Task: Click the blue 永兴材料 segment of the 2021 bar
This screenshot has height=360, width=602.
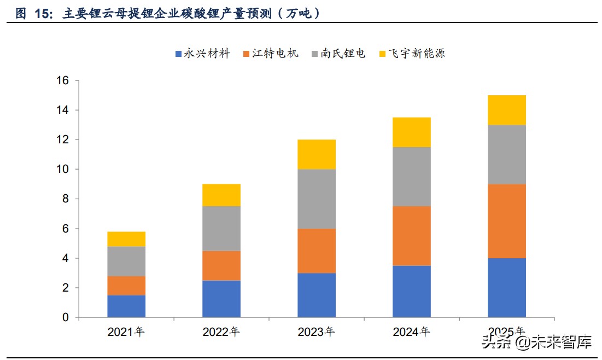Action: click(126, 306)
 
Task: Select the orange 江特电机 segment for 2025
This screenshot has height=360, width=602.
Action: click(506, 221)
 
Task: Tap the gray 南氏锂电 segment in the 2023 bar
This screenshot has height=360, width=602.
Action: click(317, 199)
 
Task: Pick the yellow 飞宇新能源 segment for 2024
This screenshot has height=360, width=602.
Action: click(411, 132)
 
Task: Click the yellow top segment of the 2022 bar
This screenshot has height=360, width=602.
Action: click(221, 195)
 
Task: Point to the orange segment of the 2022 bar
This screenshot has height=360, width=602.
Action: click(221, 265)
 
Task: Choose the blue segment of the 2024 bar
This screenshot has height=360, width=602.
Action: click(411, 291)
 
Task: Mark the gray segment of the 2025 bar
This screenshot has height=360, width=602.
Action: click(506, 154)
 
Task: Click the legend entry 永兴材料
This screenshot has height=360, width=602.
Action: click(202, 54)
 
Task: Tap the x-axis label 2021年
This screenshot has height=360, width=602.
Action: click(126, 332)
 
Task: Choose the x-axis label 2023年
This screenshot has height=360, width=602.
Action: click(317, 332)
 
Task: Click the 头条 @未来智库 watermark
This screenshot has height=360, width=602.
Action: click(536, 343)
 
